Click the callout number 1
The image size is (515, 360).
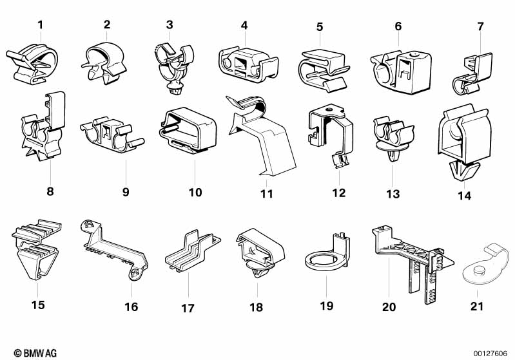click(x=40, y=25)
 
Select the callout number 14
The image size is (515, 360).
click(x=464, y=195)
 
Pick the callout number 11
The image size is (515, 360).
click(x=266, y=193)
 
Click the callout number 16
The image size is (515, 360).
click(x=131, y=307)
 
